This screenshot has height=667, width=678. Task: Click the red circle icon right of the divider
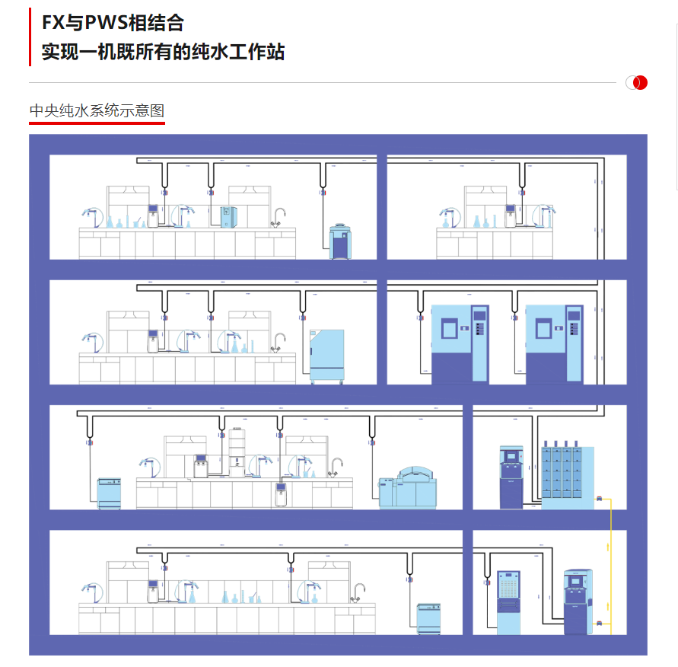pyautogui.click(x=640, y=82)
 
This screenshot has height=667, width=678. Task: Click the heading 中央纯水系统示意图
pyautogui.click(x=97, y=111)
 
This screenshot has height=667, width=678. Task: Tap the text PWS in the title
pyautogui.click(x=104, y=24)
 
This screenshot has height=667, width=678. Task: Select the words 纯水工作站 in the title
pyautogui.click(x=239, y=52)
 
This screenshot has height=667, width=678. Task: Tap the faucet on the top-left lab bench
pyautogui.click(x=279, y=218)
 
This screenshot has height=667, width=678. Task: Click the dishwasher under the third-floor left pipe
pyautogui.click(x=109, y=493)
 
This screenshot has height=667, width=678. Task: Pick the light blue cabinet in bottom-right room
pyautogui.click(x=508, y=602)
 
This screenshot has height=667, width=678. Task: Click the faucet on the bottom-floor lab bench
pyautogui.click(x=359, y=592)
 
